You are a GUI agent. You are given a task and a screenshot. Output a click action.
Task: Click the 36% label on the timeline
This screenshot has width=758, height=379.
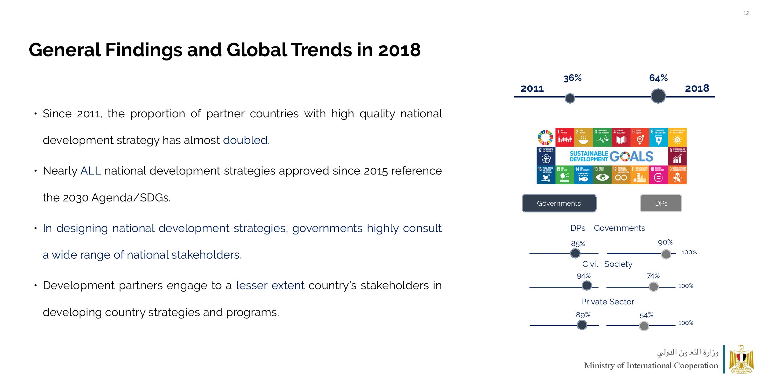coord(572,78)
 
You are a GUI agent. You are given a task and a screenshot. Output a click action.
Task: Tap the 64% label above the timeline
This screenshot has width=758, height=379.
coord(658,78)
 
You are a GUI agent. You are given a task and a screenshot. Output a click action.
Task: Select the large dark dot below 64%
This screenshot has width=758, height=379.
coord(658,96)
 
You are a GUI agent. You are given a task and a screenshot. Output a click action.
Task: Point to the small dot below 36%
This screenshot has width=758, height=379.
coord(570,98)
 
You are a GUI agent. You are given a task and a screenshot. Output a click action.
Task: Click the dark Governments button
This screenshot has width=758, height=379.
coord(559,203)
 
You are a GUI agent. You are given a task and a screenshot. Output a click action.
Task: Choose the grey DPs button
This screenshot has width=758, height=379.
coord(661,203)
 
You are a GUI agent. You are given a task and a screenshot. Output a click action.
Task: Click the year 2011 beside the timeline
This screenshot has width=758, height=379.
coord(532,89)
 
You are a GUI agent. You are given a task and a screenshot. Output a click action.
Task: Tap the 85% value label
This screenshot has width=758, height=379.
coord(578,244)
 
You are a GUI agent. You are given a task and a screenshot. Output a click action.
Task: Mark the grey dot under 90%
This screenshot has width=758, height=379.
coord(666,254)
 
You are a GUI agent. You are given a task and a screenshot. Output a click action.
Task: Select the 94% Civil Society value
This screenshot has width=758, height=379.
coord(584,276)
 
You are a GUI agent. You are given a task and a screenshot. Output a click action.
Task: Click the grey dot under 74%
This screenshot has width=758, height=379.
coord(654,287)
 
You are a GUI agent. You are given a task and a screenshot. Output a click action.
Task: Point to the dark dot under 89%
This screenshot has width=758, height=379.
coord(582,325)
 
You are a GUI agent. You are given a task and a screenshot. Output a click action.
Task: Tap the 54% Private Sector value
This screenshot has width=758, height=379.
coord(646,315)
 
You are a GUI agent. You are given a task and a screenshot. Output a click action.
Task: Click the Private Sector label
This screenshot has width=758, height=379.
coord(607,302)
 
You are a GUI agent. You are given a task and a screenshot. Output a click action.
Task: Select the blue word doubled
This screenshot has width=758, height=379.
coord(246,140)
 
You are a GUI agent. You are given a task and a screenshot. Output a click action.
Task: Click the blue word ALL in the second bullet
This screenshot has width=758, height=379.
coord(90,171)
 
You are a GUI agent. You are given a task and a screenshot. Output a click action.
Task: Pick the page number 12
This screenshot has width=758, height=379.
coord(746,13)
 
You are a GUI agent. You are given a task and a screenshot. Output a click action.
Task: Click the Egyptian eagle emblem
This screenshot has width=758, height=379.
coord(741,359)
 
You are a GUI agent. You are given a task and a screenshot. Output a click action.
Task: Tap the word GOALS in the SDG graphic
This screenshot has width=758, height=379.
coord(631,156)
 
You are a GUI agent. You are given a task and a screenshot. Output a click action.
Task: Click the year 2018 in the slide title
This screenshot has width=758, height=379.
coord(399,50)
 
